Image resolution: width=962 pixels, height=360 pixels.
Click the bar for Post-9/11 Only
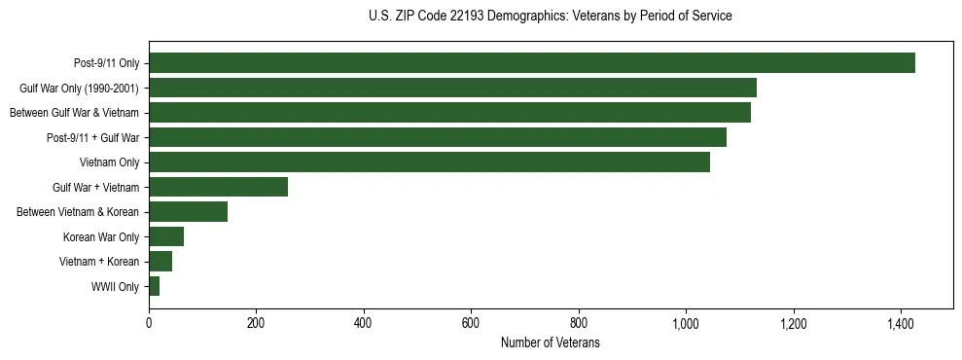pyautogui.click(x=532, y=63)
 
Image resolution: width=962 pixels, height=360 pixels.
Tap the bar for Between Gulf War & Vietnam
pyautogui.click(x=449, y=113)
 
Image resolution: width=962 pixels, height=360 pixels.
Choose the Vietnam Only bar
pyautogui.click(x=429, y=162)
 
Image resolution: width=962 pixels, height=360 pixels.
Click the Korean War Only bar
pyautogui.click(x=166, y=236)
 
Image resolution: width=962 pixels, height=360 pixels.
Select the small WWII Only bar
pyautogui.click(x=154, y=286)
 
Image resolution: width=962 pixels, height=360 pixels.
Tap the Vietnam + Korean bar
pyautogui.click(x=160, y=262)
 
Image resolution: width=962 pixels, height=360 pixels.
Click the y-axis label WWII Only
pyautogui.click(x=115, y=286)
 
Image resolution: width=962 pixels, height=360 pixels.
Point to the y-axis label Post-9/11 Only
pyautogui.click(x=106, y=63)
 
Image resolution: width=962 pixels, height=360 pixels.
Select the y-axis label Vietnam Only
pyautogui.click(x=109, y=162)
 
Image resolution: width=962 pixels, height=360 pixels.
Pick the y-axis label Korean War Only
pyautogui.click(x=101, y=236)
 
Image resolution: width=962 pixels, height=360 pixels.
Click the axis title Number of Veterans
pyautogui.click(x=550, y=342)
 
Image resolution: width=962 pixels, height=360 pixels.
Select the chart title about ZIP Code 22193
pyautogui.click(x=550, y=17)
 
